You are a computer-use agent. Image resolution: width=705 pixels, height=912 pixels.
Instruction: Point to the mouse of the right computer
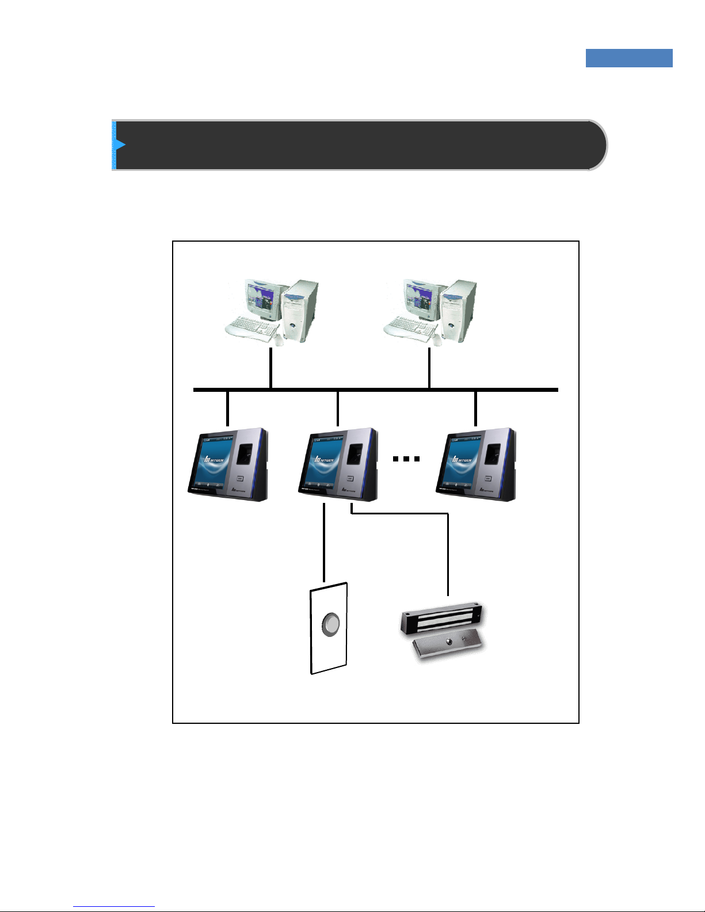pos(437,341)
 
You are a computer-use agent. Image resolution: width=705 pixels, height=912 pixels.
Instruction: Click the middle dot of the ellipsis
pos(406,459)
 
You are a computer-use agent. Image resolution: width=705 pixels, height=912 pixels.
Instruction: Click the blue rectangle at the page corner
pos(629,58)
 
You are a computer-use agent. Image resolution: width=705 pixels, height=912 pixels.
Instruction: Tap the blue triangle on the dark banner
pos(120,144)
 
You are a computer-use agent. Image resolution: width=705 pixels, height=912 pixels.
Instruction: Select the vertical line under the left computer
pos(270,368)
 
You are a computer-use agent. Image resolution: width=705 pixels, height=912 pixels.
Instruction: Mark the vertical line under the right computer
pos(429,368)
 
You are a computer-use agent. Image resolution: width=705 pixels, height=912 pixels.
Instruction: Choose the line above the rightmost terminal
pos(475,408)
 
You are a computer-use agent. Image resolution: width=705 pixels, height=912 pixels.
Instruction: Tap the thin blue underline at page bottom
pos(114,907)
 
